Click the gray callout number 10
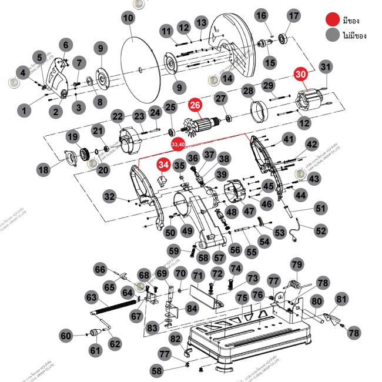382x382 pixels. (x=128, y=18)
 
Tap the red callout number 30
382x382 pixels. (x=301, y=75)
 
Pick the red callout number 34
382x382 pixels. (x=163, y=166)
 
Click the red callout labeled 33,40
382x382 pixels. (x=177, y=144)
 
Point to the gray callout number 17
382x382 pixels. (x=293, y=15)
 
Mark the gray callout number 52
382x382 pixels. (x=321, y=231)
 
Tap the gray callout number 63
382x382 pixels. (x=91, y=297)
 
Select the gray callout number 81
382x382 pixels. (x=341, y=299)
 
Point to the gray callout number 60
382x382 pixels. (x=66, y=336)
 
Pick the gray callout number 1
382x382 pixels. (x=24, y=109)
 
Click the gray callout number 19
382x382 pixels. (x=72, y=137)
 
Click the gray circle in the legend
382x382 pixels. (x=334, y=35)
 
